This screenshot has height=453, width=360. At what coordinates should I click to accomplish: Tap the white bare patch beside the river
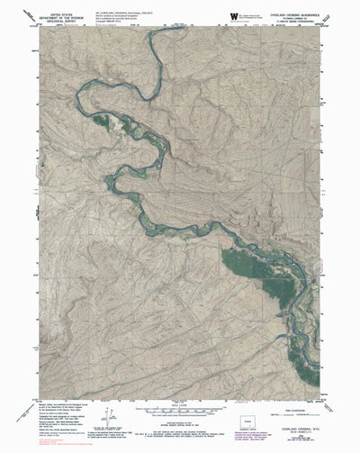[114, 120]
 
